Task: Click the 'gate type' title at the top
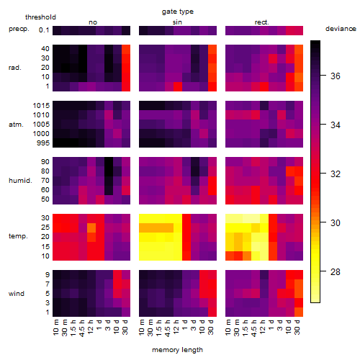[178, 12]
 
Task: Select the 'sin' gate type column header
[177, 22]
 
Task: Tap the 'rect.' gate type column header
[262, 22]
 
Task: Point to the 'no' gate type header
[93, 22]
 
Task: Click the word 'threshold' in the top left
[40, 17]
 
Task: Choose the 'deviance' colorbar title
[341, 29]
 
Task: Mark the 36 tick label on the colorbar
[336, 76]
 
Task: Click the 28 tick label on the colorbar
[336, 272]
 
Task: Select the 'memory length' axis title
[177, 350]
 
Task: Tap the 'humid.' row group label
[20, 181]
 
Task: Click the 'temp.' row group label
[18, 236]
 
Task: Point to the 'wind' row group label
[17, 294]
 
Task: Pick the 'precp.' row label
[19, 29]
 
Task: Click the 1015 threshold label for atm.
[41, 106]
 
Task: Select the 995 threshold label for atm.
[43, 143]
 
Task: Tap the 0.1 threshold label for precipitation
[44, 30]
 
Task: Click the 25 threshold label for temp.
[45, 228]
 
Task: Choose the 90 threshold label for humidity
[45, 162]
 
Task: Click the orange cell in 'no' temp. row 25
[91, 228]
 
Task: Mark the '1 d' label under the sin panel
[185, 325]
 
